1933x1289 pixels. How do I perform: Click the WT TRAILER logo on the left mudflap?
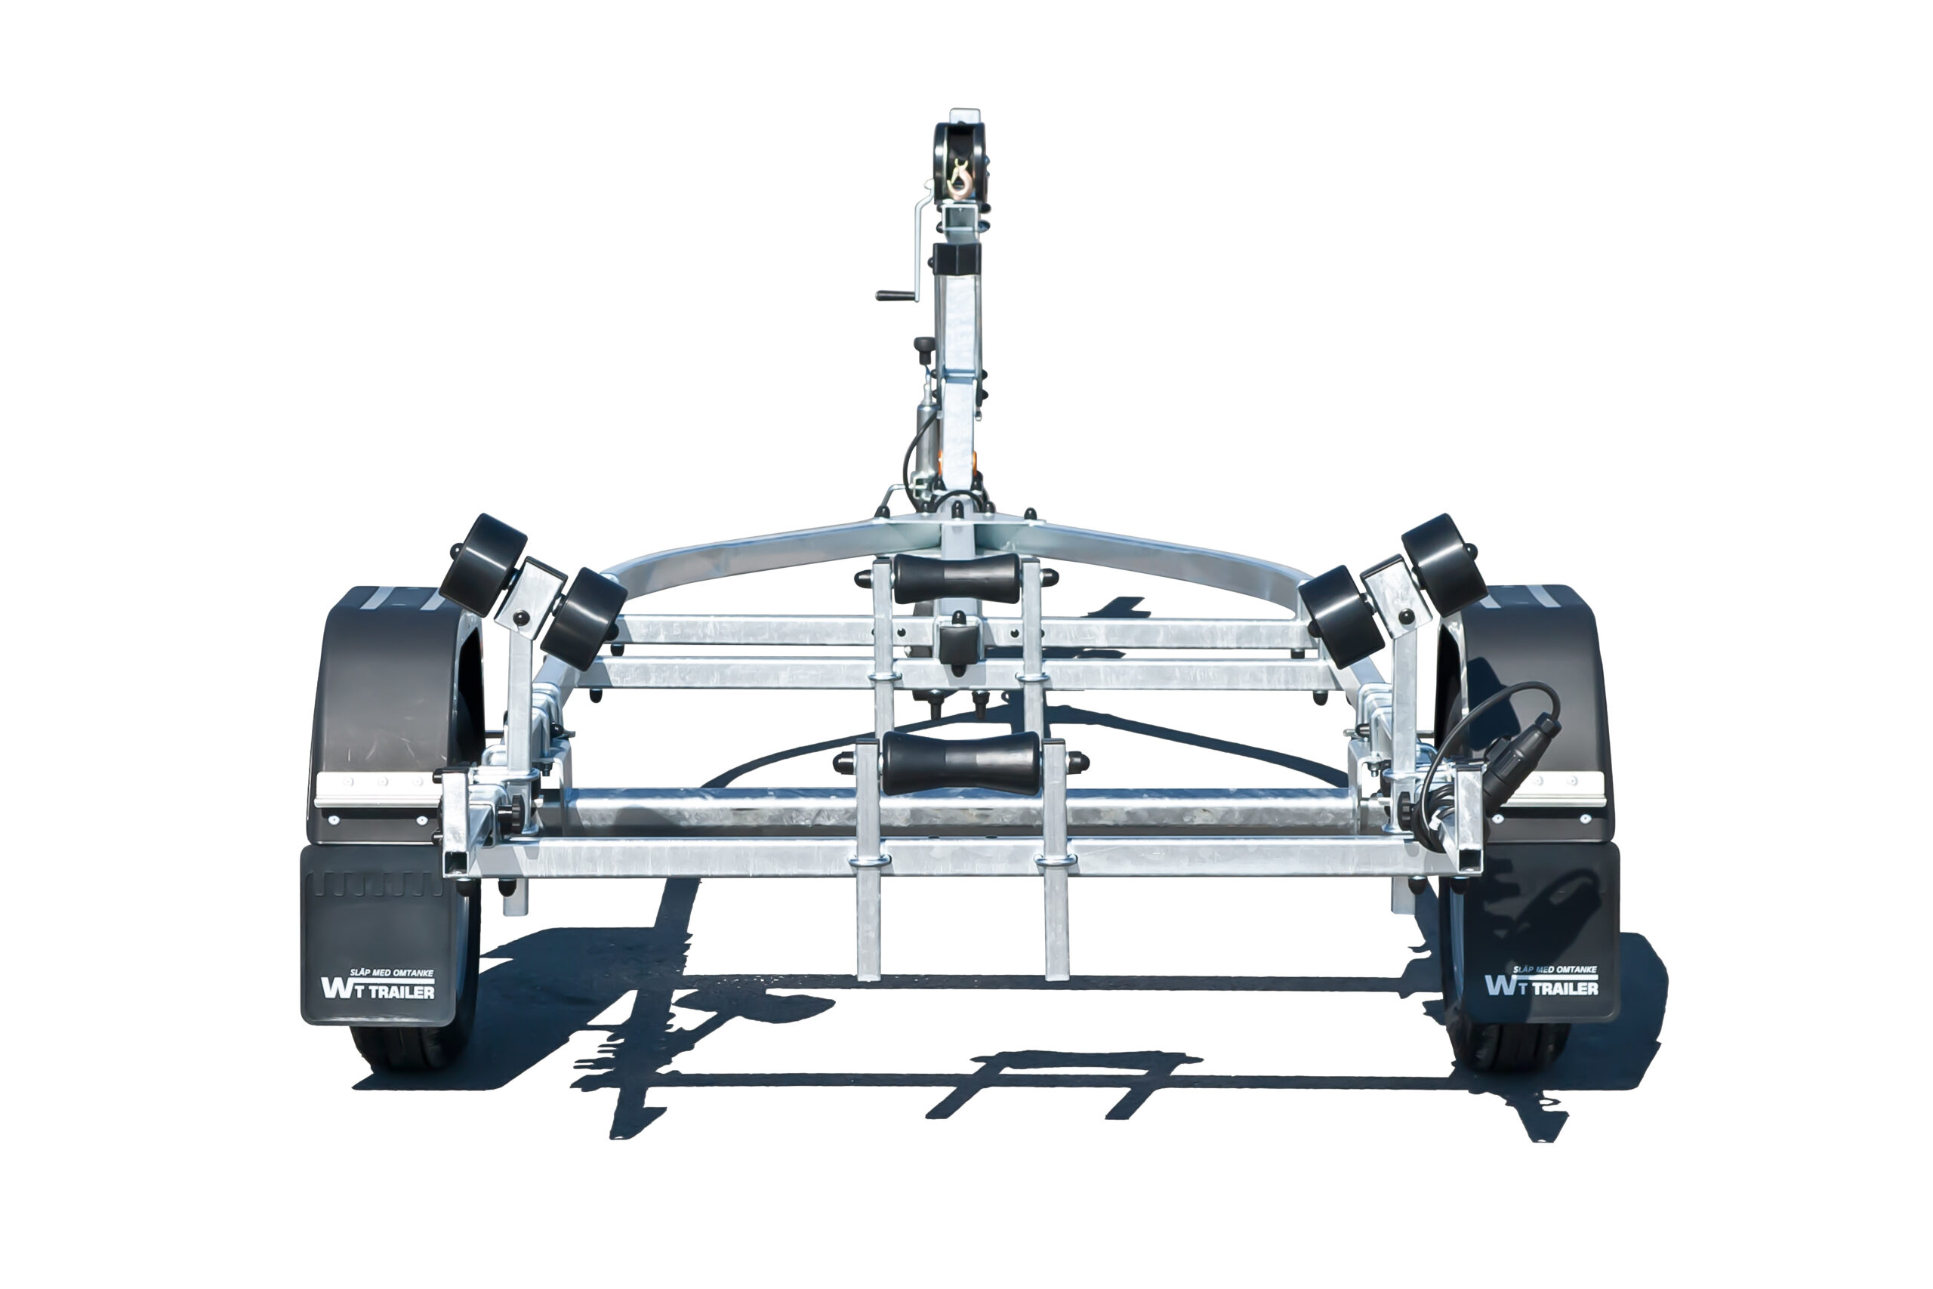click(378, 985)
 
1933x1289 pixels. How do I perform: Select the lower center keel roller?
click(960, 763)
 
